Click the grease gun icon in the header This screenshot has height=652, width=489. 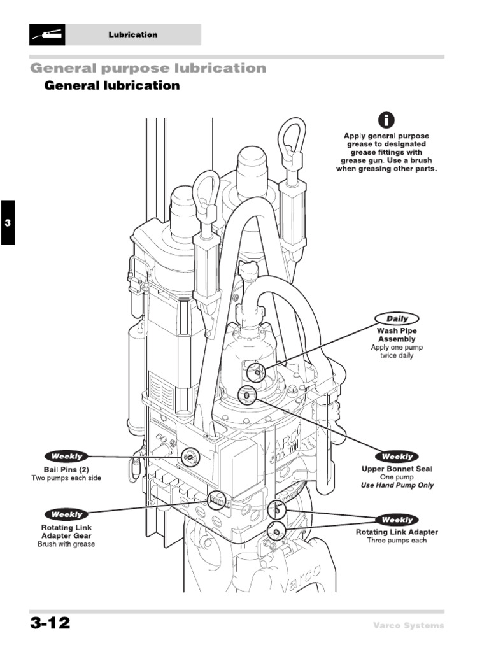[47, 34]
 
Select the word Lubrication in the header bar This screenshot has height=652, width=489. [132, 35]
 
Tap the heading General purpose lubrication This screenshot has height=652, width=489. [148, 68]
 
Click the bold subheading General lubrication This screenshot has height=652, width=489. [111, 85]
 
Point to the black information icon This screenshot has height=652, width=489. [386, 119]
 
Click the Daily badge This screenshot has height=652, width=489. [397, 318]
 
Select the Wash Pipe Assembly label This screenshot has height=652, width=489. [397, 335]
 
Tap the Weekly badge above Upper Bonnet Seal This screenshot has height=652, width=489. [397, 457]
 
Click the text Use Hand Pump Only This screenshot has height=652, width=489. [397, 485]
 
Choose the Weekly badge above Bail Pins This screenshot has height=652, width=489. [66, 457]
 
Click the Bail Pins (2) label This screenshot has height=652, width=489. [66, 469]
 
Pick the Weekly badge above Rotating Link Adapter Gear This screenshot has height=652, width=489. [66, 514]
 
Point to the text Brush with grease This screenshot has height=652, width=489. [66, 544]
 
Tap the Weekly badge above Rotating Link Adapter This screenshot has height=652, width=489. [397, 520]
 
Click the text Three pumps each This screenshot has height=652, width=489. [397, 541]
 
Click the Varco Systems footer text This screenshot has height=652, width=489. [408, 625]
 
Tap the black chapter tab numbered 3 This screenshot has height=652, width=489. [7, 222]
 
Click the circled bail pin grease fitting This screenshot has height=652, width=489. [189, 457]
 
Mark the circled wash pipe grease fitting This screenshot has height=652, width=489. [256, 372]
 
